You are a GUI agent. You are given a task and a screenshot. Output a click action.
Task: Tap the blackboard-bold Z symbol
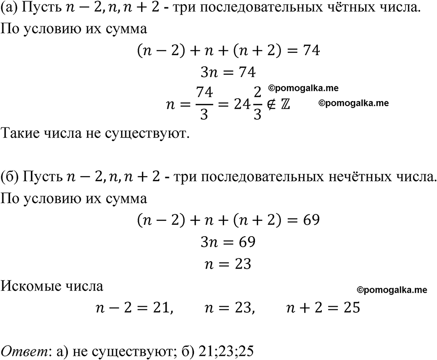[x=285, y=104]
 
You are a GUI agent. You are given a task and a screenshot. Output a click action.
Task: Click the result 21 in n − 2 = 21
[x=161, y=308]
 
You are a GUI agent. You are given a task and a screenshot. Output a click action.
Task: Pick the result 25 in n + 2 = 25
[x=350, y=308]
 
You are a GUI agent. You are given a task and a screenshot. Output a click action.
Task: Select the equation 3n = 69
[x=228, y=242]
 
